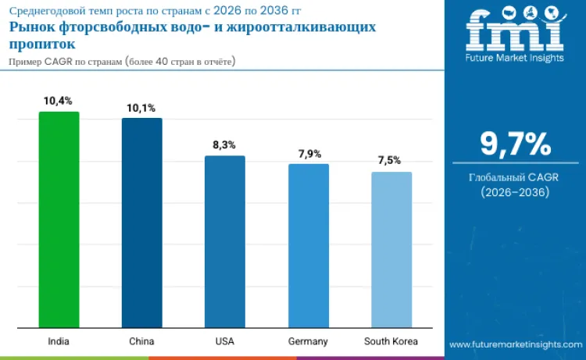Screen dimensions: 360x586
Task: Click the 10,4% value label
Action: (59, 101)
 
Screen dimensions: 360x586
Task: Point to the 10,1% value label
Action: (141, 107)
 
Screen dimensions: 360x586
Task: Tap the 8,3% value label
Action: (224, 145)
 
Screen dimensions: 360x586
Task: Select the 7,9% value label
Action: (308, 153)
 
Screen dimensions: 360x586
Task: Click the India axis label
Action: (59, 341)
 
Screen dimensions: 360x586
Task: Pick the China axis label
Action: (141, 341)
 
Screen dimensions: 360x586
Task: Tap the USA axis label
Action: (224, 341)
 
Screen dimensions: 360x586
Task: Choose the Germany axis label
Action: (308, 341)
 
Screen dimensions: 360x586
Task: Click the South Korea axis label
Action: (391, 341)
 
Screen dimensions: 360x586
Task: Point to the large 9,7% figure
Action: (515, 144)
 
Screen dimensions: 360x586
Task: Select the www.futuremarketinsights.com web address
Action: (515, 344)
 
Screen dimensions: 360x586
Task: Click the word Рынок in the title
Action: (31, 27)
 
